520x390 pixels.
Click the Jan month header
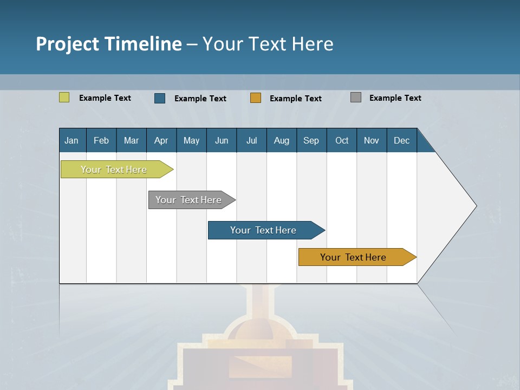click(x=71, y=140)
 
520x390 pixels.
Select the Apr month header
click(x=161, y=140)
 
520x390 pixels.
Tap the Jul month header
click(x=251, y=140)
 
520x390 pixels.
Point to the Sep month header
click(x=311, y=140)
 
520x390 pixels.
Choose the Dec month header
click(x=401, y=140)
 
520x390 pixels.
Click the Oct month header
click(x=342, y=140)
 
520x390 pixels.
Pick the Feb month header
click(x=101, y=140)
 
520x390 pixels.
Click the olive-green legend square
click(x=64, y=97)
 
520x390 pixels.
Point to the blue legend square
click(x=160, y=98)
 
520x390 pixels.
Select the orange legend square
click(x=256, y=98)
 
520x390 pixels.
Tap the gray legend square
click(x=356, y=97)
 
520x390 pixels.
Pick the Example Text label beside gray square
click(x=395, y=97)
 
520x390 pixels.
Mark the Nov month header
click(x=372, y=140)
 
